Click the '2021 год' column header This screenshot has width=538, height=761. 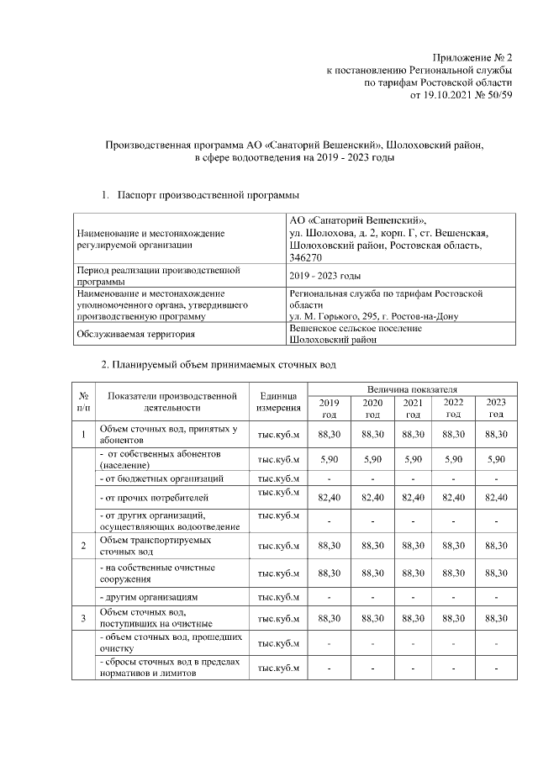(x=413, y=409)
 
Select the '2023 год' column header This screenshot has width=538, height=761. (x=496, y=409)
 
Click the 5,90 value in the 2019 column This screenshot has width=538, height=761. (x=329, y=459)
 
